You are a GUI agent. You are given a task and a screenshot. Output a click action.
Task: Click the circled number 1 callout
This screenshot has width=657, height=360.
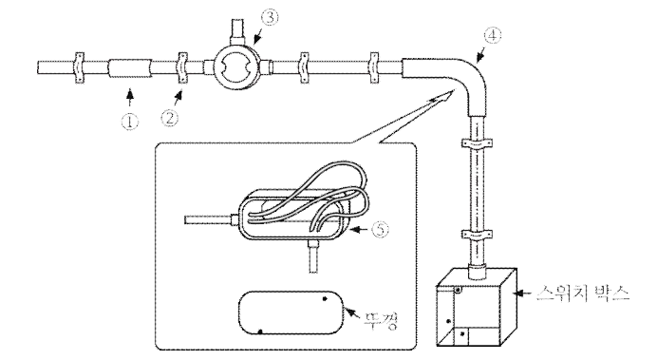(x=130, y=122)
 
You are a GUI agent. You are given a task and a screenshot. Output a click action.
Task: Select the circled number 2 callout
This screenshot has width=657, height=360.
(x=170, y=118)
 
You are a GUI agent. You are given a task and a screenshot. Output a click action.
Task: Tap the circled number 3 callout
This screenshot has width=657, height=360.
(x=270, y=18)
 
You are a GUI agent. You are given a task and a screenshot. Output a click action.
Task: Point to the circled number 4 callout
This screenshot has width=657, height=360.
(x=493, y=36)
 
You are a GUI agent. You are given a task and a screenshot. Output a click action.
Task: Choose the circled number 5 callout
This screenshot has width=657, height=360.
(x=380, y=229)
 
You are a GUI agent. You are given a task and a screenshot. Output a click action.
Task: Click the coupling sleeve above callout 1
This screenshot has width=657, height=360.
(x=130, y=67)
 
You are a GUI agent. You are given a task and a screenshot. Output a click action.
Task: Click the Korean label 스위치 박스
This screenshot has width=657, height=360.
(x=583, y=294)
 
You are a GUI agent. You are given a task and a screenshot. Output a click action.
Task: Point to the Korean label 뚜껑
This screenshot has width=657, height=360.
(x=381, y=320)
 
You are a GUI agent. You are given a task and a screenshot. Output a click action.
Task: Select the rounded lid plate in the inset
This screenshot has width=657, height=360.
(x=291, y=313)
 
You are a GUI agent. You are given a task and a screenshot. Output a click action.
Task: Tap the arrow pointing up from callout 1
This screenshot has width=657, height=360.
(x=130, y=97)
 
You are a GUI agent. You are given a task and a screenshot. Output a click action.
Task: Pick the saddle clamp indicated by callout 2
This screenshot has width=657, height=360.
(x=182, y=67)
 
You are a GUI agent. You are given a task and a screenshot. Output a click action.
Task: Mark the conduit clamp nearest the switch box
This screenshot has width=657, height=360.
(x=477, y=236)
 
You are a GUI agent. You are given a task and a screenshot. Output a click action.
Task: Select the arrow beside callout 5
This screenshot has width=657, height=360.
(x=360, y=229)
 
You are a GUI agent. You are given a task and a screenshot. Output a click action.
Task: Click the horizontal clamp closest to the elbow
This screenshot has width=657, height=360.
(x=374, y=67)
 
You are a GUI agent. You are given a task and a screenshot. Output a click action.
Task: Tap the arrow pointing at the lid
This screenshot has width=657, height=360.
(x=353, y=313)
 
